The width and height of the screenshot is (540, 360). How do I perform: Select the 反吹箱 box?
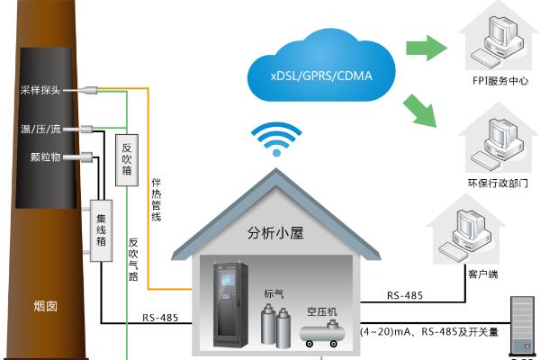pos(125,155)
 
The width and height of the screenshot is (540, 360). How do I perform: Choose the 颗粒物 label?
pos(44,157)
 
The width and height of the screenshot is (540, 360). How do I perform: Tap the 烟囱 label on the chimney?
pos(45,305)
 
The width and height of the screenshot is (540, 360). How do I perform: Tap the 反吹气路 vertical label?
pos(133,256)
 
